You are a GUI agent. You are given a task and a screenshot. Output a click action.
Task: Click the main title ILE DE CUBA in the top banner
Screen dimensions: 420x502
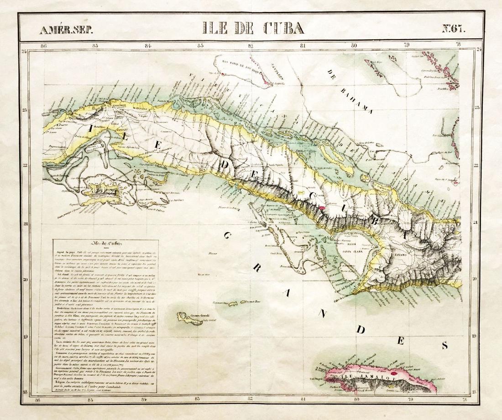point(254,29)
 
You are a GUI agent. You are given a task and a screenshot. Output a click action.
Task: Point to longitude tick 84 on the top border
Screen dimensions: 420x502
point(147,46)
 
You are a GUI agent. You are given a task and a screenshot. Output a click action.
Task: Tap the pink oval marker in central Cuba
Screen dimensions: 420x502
point(322,207)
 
